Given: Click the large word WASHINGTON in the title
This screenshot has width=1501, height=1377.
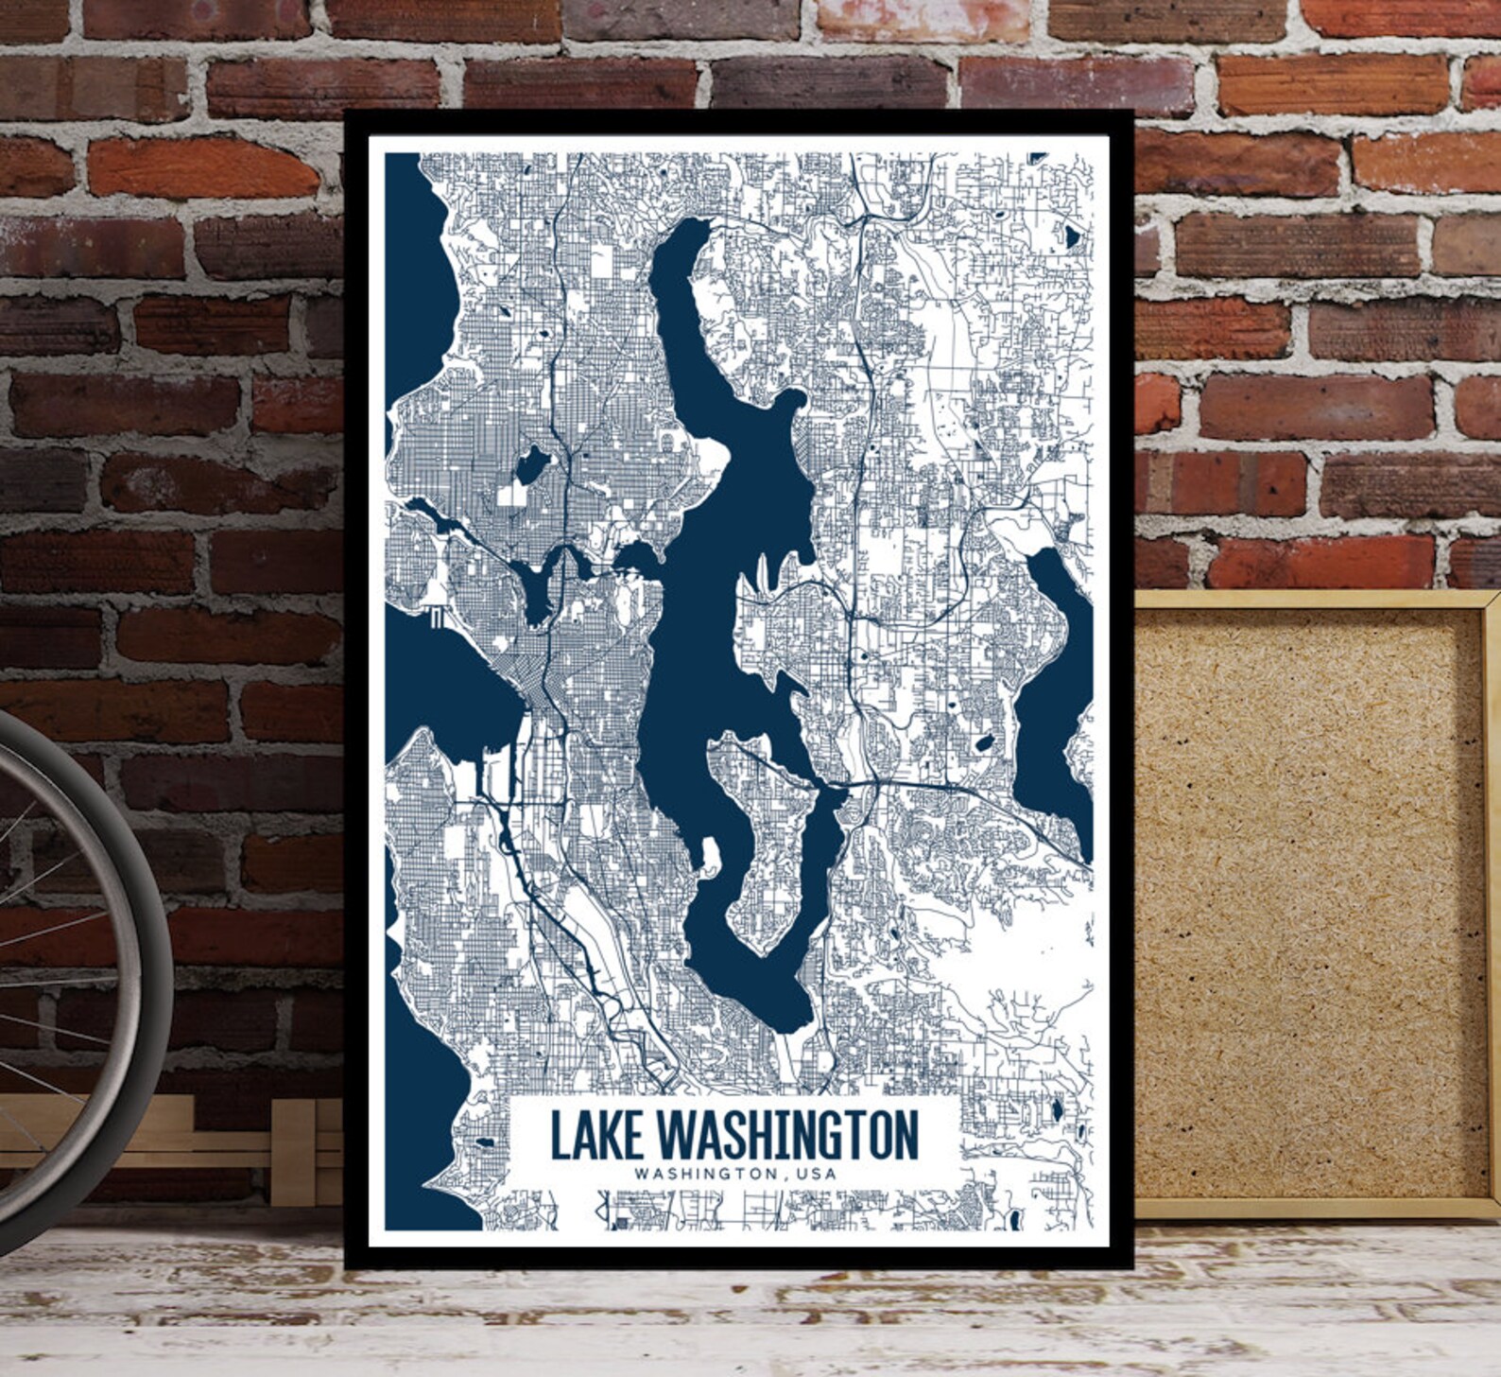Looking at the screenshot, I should [x=786, y=1135].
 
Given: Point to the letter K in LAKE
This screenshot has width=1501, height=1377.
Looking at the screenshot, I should [x=609, y=1135].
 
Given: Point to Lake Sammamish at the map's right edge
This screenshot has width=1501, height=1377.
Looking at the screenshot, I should [x=1054, y=690].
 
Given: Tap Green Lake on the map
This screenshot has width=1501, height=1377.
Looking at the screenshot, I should [x=531, y=464].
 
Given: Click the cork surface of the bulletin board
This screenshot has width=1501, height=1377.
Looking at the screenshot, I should [x=1304, y=898].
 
